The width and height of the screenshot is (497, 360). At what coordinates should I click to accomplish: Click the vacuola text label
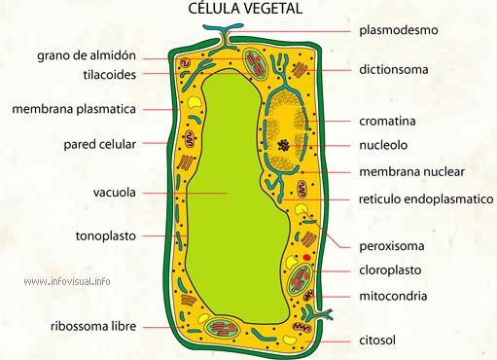coord(114,192)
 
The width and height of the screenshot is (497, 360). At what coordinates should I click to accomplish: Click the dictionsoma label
coord(393,69)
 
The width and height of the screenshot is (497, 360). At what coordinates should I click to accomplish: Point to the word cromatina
coord(387,121)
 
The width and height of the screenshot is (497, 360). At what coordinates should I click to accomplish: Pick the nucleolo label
coord(382,146)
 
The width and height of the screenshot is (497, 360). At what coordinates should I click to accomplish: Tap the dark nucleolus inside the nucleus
coord(283,145)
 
